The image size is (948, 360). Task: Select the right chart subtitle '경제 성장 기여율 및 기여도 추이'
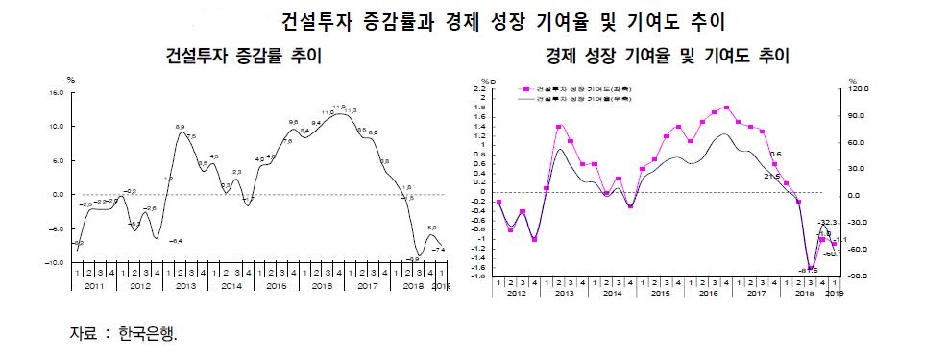pyautogui.click(x=667, y=56)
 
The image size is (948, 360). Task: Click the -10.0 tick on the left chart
pyautogui.click(x=52, y=262)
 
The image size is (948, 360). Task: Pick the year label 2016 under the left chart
pyautogui.click(x=322, y=286)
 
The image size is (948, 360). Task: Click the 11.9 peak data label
pyautogui.click(x=339, y=107)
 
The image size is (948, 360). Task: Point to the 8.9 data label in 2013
pyautogui.click(x=180, y=127)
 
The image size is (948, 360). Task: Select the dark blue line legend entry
pyautogui.click(x=574, y=97)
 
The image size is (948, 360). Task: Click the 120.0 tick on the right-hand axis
pyautogui.click(x=860, y=88)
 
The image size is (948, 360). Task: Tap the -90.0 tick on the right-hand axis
pyautogui.click(x=859, y=276)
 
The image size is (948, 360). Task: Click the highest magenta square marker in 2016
pyautogui.click(x=726, y=108)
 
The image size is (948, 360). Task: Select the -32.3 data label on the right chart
pyautogui.click(x=829, y=222)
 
